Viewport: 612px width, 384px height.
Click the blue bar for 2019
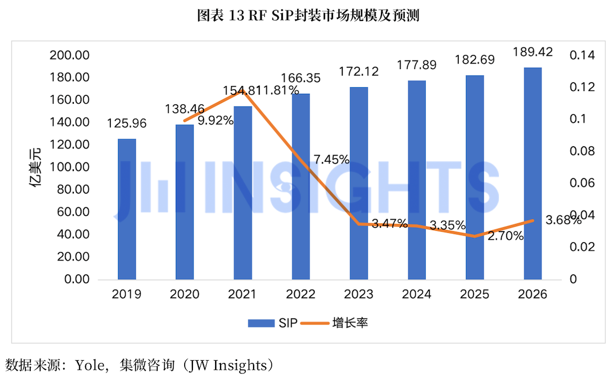click(127, 209)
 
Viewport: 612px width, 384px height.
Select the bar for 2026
click(533, 173)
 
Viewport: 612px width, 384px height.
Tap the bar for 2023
click(359, 183)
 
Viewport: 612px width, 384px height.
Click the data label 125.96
click(127, 124)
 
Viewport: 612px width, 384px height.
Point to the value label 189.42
click(533, 52)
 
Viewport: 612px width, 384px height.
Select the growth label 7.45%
click(332, 159)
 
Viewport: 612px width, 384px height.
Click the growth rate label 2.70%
click(506, 236)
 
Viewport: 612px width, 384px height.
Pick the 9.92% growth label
click(216, 120)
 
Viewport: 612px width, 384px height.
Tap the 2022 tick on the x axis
click(300, 294)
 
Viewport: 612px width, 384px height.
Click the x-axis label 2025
click(475, 294)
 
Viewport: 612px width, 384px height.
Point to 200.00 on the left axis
click(69, 55)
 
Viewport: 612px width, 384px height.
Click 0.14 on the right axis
click(582, 55)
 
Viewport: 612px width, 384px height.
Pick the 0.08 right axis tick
click(582, 151)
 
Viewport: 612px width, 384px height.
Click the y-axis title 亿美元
click(35, 167)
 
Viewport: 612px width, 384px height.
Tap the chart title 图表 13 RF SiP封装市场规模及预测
click(308, 15)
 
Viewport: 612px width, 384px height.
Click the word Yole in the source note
click(92, 366)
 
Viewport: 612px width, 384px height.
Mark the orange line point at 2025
click(475, 236)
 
